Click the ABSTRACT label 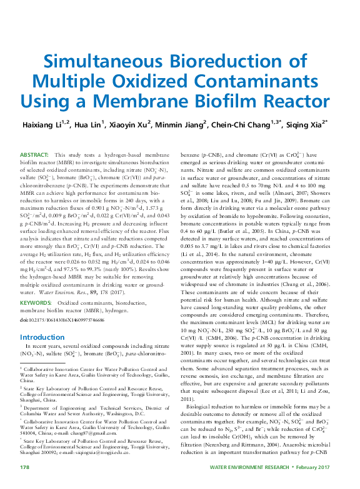click(x=34, y=154)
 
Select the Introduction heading click(x=44, y=336)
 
